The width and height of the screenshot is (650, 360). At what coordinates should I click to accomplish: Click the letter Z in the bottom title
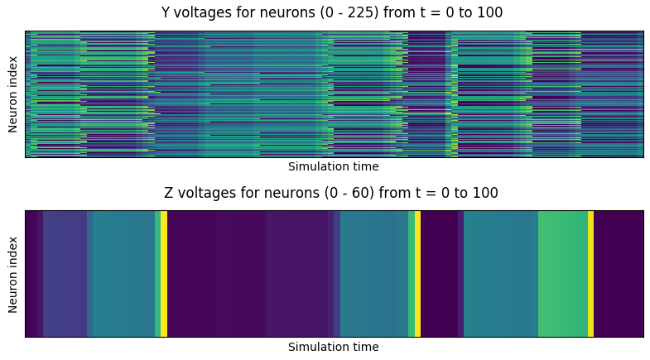[169, 194]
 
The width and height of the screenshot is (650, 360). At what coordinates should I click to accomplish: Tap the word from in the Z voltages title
[388, 194]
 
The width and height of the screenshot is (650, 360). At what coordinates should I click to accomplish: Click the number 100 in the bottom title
[486, 194]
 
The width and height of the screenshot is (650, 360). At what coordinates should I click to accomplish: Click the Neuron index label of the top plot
[13, 94]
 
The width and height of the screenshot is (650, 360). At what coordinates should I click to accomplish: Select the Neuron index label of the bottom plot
[13, 274]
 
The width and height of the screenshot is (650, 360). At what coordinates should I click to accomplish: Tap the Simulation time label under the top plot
[333, 167]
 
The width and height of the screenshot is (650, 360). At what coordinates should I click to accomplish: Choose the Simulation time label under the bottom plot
[333, 348]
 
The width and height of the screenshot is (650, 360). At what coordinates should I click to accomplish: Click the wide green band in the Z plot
[563, 273]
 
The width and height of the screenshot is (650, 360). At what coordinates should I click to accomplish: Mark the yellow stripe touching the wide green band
[590, 273]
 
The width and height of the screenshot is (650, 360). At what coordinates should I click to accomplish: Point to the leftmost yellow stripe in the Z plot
[164, 273]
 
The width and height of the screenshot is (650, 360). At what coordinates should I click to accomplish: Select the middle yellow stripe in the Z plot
[417, 273]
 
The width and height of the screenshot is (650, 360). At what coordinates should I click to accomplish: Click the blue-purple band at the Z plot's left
[65, 273]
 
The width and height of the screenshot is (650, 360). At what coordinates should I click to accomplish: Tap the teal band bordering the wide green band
[501, 273]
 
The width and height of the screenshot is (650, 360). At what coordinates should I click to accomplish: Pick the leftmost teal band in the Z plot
[121, 273]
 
